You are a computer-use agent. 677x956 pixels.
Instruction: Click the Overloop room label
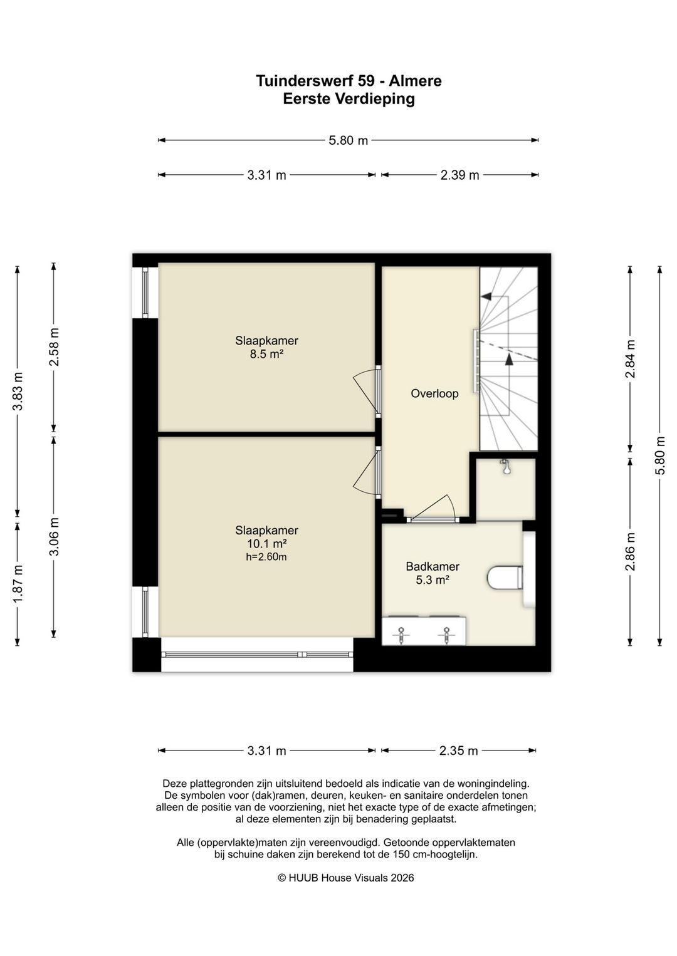(x=434, y=393)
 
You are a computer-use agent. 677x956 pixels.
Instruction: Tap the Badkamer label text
(x=433, y=566)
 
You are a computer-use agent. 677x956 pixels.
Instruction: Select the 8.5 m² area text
(x=266, y=354)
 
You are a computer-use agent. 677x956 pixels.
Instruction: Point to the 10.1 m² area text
(x=266, y=543)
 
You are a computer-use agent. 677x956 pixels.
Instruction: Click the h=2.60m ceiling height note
(x=266, y=556)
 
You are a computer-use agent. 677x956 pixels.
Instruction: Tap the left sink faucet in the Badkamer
(x=401, y=635)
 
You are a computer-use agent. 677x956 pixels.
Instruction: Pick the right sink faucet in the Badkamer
(x=446, y=635)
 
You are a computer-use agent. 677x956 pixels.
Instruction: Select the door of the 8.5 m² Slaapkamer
(x=367, y=391)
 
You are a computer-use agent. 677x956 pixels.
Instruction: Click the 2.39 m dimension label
(x=459, y=175)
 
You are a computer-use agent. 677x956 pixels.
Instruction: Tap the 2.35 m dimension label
(x=458, y=751)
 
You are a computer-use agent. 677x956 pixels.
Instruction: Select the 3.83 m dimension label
(x=18, y=391)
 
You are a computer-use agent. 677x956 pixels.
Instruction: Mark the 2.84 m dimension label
(x=630, y=359)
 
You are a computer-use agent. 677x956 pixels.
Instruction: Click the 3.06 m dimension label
(x=54, y=536)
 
